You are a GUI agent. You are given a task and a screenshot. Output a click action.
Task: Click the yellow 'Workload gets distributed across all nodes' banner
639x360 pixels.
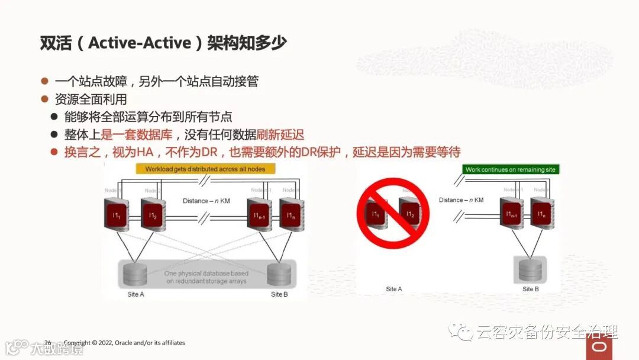206,169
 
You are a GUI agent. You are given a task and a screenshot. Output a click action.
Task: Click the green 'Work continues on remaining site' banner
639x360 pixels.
510,169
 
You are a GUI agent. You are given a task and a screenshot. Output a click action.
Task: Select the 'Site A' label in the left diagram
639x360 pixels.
135,294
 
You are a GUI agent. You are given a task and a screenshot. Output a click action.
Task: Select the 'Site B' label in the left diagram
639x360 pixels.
279,294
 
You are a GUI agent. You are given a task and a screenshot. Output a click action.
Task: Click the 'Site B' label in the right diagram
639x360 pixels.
531,289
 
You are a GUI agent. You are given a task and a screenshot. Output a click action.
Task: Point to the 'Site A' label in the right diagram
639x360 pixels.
394,289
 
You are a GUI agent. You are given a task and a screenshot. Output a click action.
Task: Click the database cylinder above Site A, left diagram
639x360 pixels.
135,274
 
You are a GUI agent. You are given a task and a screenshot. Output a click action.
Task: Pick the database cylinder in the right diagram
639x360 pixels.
530,269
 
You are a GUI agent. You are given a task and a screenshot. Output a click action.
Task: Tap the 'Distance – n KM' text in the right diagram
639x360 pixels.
461,200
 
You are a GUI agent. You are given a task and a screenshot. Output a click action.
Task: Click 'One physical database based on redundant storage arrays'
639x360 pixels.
206,277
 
